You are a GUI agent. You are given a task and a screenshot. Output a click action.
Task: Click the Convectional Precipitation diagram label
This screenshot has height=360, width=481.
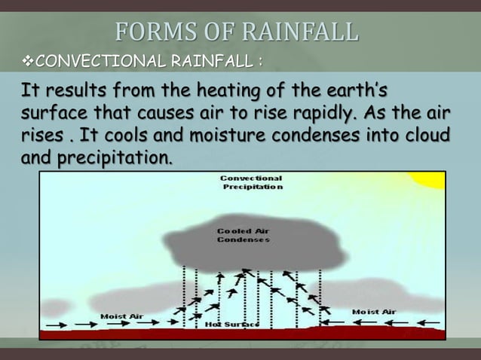(251, 183)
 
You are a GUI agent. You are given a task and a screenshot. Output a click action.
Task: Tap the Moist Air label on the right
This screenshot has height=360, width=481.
(374, 311)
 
